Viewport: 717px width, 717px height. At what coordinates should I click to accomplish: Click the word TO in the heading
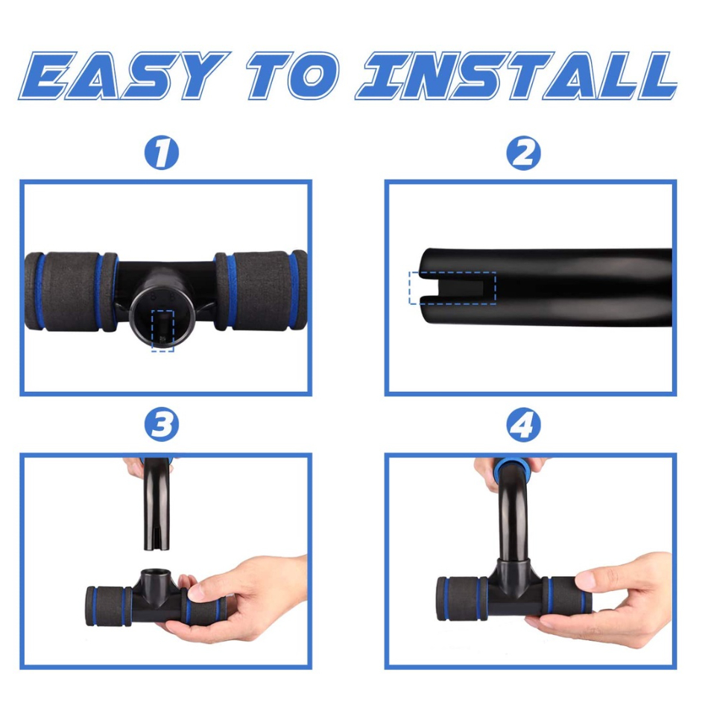click(293, 75)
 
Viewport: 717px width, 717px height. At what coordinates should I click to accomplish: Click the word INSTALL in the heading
click(517, 75)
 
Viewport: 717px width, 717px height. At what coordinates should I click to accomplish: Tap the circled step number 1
click(162, 152)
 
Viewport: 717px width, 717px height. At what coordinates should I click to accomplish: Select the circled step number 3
click(162, 425)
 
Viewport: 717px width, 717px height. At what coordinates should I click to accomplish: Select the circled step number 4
click(523, 425)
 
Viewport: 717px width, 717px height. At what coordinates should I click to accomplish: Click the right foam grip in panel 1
click(261, 290)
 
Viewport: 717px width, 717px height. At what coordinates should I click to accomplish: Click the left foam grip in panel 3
click(109, 606)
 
